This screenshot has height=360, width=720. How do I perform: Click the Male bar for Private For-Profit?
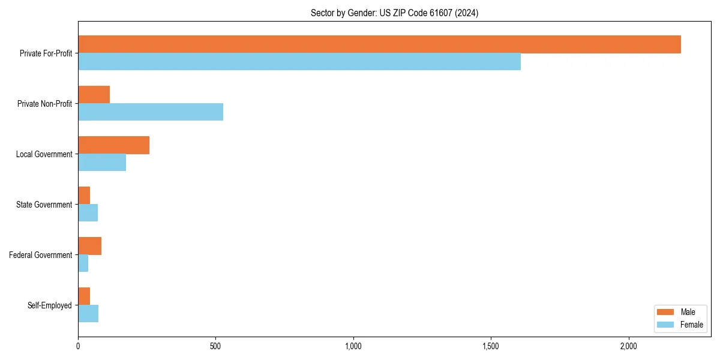coord(379,44)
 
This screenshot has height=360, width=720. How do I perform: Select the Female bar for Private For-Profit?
coord(299,62)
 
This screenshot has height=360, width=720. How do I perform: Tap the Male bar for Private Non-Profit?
coord(94,95)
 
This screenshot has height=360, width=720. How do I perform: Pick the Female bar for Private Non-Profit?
coord(151,112)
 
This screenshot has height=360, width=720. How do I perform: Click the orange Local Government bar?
coord(113,145)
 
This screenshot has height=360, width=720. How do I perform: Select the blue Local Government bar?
coord(102,163)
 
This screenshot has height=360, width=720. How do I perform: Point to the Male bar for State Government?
coord(84,196)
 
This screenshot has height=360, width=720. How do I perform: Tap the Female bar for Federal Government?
coord(83,263)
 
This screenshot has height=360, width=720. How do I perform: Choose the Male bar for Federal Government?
coord(89,246)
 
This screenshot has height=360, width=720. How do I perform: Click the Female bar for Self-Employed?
coord(88,314)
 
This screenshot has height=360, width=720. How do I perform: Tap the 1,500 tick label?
coord(491,347)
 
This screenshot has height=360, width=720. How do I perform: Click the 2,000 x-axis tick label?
coord(628,347)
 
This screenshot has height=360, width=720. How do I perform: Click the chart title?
coord(394,13)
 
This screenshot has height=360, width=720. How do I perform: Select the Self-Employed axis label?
coord(50,305)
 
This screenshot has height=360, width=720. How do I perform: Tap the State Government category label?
coord(44,205)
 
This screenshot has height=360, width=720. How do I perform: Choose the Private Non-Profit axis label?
coord(44,104)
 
